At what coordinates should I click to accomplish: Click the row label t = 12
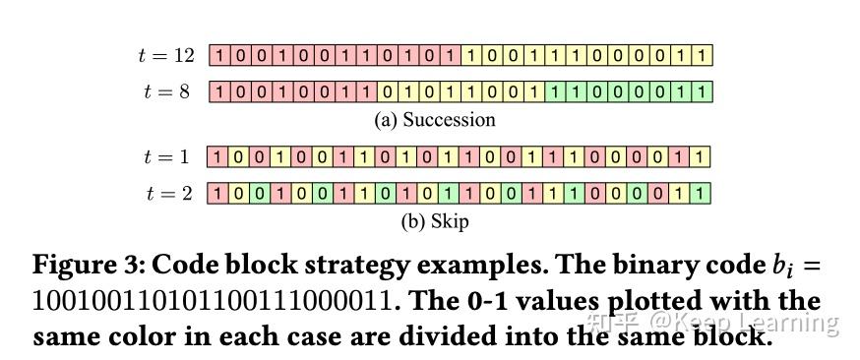click(166, 56)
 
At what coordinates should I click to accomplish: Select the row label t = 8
click(169, 92)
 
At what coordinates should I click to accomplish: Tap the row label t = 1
click(169, 156)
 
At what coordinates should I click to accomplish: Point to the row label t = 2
click(169, 193)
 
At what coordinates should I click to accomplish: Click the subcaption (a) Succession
click(434, 120)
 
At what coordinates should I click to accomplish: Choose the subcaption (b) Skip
click(434, 220)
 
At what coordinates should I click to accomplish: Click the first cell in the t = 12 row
click(218, 56)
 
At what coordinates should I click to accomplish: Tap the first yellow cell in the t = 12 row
click(470, 56)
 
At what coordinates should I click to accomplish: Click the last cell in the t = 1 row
click(700, 156)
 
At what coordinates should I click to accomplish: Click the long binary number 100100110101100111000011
click(213, 301)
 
